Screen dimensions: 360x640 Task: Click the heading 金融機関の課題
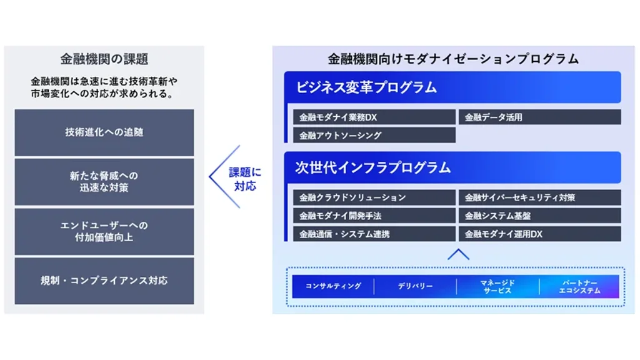click(x=104, y=59)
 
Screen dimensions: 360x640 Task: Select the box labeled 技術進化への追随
click(x=104, y=132)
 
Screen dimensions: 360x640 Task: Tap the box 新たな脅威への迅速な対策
click(x=104, y=182)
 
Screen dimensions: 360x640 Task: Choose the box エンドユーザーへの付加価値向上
click(x=104, y=231)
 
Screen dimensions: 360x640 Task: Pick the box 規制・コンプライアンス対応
click(x=104, y=281)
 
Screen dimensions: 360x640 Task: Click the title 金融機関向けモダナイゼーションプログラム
click(x=453, y=59)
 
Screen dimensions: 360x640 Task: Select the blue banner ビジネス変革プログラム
click(x=452, y=87)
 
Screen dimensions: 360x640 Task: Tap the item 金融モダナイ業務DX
click(x=374, y=117)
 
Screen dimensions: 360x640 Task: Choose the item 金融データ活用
click(x=540, y=117)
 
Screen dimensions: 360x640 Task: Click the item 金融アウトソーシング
click(x=374, y=135)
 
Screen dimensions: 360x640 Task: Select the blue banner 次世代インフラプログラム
click(x=452, y=167)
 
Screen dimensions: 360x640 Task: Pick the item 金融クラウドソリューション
click(x=374, y=197)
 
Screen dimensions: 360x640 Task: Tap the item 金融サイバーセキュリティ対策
click(x=540, y=197)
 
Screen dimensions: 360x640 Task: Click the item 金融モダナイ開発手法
click(x=374, y=216)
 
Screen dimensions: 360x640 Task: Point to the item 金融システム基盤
click(x=540, y=216)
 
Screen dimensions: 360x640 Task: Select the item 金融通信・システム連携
click(x=374, y=234)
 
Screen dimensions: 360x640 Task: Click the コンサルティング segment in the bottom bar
click(x=333, y=286)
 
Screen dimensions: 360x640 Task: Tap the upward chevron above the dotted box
click(x=458, y=254)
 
